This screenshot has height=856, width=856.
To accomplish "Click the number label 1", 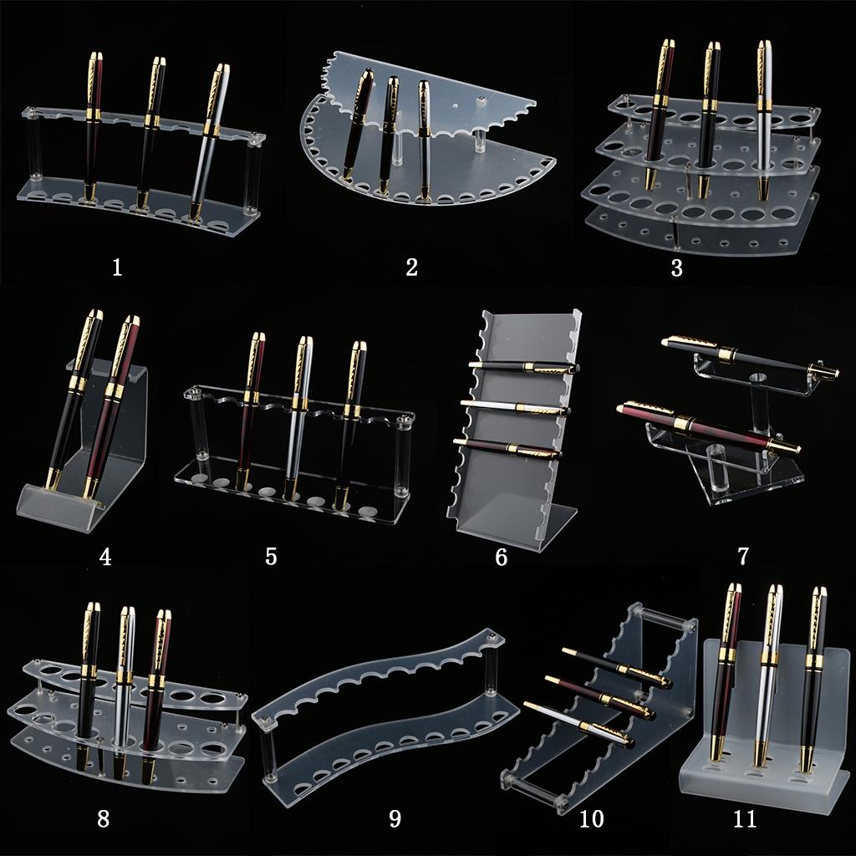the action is pos(117,267).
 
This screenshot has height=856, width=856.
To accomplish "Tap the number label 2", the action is pos(411,267).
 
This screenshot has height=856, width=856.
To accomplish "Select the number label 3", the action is pos(677,268).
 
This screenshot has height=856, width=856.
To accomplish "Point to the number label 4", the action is pos(105,557).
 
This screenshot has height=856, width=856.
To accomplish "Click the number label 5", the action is pos(272,556).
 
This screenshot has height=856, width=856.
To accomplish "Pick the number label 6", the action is pos(502,557).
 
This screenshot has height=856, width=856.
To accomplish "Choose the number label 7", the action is pos(743,556).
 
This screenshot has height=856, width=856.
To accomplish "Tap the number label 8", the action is pos(103,818).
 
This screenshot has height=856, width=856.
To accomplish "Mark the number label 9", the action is pos(395,818).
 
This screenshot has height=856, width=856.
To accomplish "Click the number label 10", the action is pos(592,818).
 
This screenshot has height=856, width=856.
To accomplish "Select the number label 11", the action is pos(745,818).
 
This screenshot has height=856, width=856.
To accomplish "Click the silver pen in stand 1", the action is pos(209,142).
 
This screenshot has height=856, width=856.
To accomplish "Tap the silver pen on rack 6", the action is pos(515,408).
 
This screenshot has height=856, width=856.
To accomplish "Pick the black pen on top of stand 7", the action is pos(750,357).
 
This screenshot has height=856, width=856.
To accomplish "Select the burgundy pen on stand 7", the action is pos(709,429).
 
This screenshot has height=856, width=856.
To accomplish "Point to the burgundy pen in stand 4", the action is pos(112,407).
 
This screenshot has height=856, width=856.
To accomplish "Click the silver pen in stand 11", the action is pos(769,675).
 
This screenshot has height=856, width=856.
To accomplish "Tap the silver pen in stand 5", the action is pos(298,418).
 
